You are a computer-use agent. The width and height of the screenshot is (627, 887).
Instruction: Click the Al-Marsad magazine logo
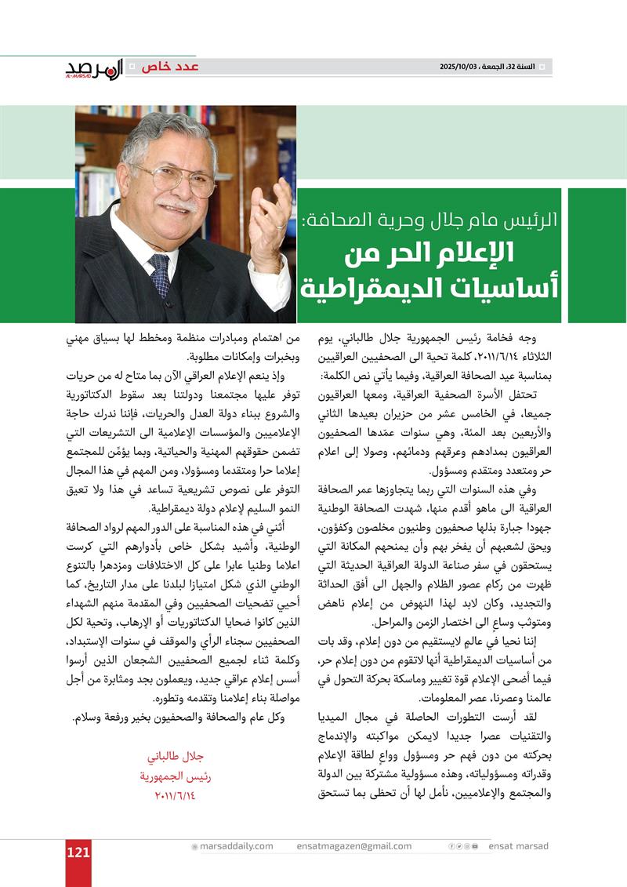pyautogui.click(x=93, y=69)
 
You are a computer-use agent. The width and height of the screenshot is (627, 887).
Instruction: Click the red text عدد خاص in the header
pyautogui.click(x=169, y=67)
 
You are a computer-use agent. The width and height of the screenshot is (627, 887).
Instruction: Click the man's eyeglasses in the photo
pyautogui.click(x=183, y=180)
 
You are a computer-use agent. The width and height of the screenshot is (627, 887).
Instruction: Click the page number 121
pyautogui.click(x=78, y=853)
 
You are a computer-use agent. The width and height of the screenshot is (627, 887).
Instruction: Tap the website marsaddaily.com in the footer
pyautogui.click(x=235, y=846)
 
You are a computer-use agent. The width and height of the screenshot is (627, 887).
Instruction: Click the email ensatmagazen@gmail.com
pyautogui.click(x=354, y=846)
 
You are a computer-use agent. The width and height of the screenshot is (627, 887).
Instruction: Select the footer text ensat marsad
pyautogui.click(x=518, y=846)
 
